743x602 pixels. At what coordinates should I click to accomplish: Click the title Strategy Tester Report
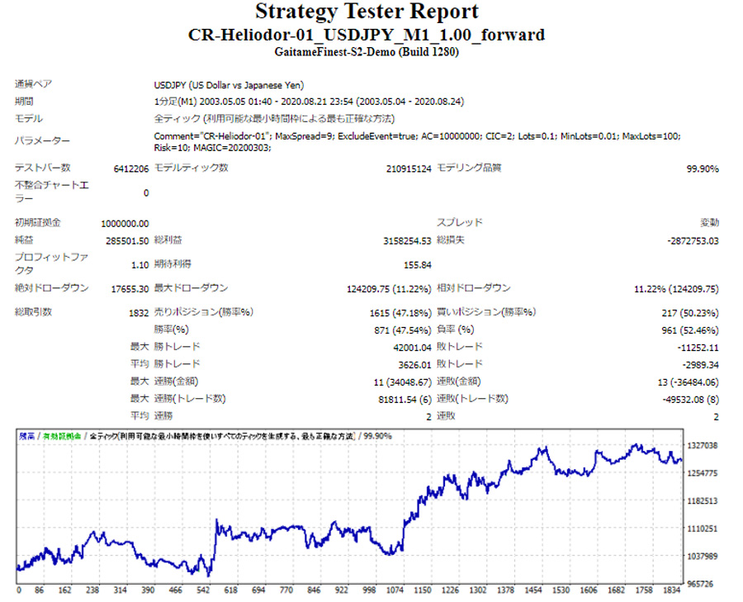367,12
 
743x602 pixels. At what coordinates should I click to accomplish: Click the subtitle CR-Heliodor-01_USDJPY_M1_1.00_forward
367,35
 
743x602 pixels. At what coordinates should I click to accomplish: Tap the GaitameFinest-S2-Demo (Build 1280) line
367,52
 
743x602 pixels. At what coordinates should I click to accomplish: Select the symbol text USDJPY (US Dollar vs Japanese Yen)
229,84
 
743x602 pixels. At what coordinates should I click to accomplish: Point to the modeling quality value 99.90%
703,168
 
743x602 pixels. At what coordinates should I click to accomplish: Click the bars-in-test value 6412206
131,168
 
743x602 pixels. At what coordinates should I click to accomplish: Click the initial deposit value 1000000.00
125,223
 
